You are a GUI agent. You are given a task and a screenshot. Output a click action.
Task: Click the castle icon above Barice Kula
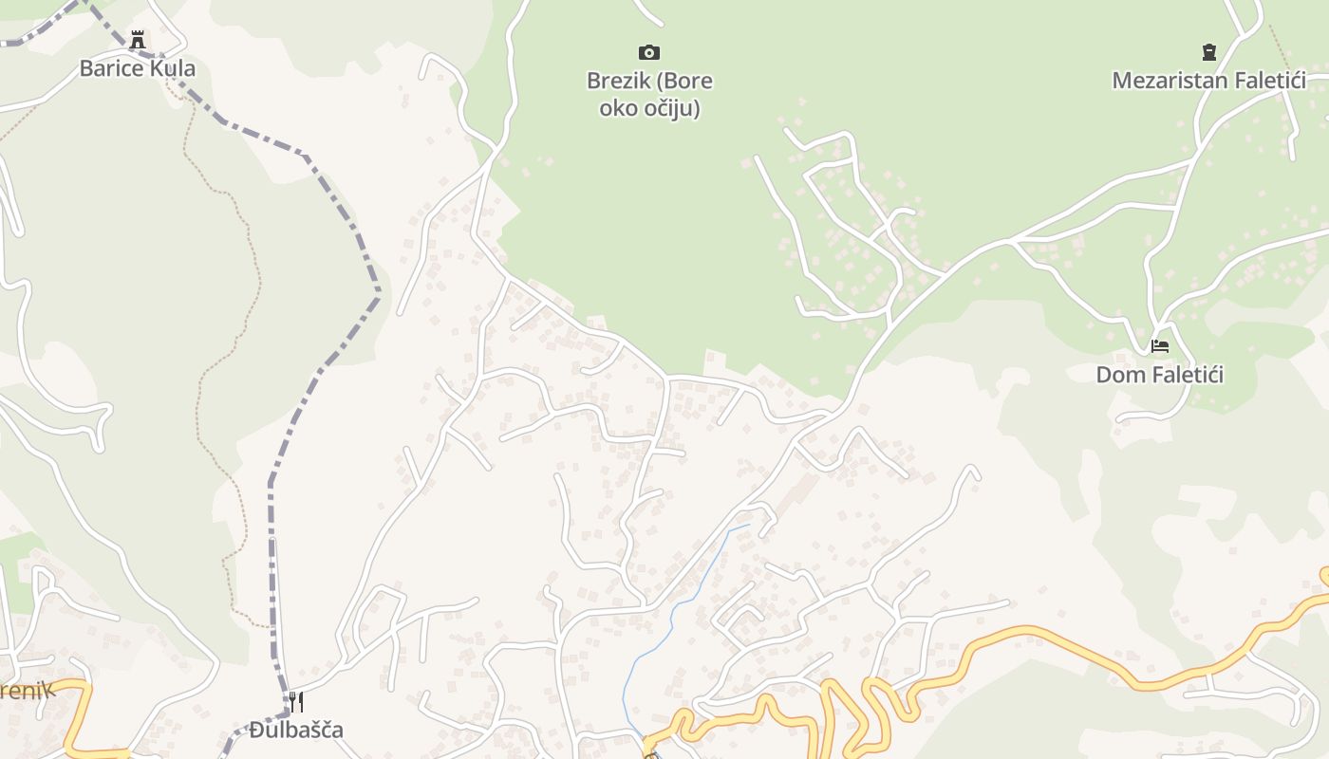(138, 40)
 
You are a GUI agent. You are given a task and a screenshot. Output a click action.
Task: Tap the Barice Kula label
(138, 68)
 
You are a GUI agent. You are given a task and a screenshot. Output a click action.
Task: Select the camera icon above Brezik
(649, 52)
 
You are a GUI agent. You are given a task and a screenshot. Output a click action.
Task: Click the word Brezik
(618, 81)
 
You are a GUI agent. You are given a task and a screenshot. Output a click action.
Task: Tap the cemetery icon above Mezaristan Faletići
(1208, 51)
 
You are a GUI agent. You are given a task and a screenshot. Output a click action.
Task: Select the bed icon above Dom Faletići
(1159, 346)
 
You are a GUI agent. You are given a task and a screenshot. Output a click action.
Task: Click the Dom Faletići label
(1159, 375)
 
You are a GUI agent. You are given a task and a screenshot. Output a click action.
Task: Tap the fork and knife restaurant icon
(296, 701)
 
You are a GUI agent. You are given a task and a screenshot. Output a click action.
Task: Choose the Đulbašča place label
(296, 730)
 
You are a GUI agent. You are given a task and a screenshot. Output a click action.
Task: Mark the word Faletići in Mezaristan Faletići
(1269, 81)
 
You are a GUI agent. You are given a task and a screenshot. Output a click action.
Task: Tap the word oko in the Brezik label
(614, 108)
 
